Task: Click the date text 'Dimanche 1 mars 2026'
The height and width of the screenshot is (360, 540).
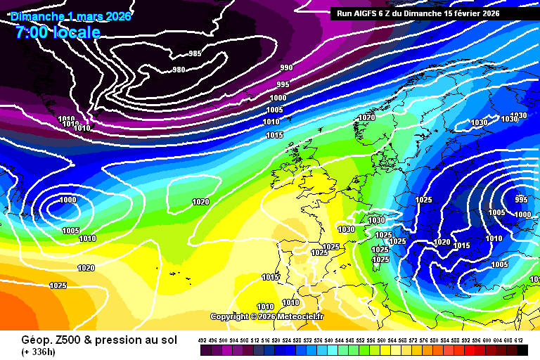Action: coord(71,16)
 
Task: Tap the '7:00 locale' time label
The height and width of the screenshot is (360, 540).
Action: coord(56,32)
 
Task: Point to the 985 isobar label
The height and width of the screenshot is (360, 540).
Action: coord(195,53)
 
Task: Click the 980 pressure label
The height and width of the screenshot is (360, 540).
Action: coord(179,69)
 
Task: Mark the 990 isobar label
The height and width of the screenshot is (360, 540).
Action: coord(286,67)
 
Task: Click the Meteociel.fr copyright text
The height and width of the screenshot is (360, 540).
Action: coord(267,316)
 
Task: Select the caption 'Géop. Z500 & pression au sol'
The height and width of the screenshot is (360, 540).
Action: coord(99,340)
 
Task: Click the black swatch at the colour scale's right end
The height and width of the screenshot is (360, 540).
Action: coord(522,350)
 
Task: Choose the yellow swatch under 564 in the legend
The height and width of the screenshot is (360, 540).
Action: coord(392,350)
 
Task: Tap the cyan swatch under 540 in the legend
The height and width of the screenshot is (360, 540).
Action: coord(329,350)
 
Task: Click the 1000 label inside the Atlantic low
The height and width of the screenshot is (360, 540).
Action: coord(67,200)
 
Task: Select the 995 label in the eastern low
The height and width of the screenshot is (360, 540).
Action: coord(521,199)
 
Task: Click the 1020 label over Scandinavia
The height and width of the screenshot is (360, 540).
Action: coord(366,117)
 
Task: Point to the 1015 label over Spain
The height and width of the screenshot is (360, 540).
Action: coord(270,277)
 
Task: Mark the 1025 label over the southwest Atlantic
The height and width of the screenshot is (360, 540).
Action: coord(58,285)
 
